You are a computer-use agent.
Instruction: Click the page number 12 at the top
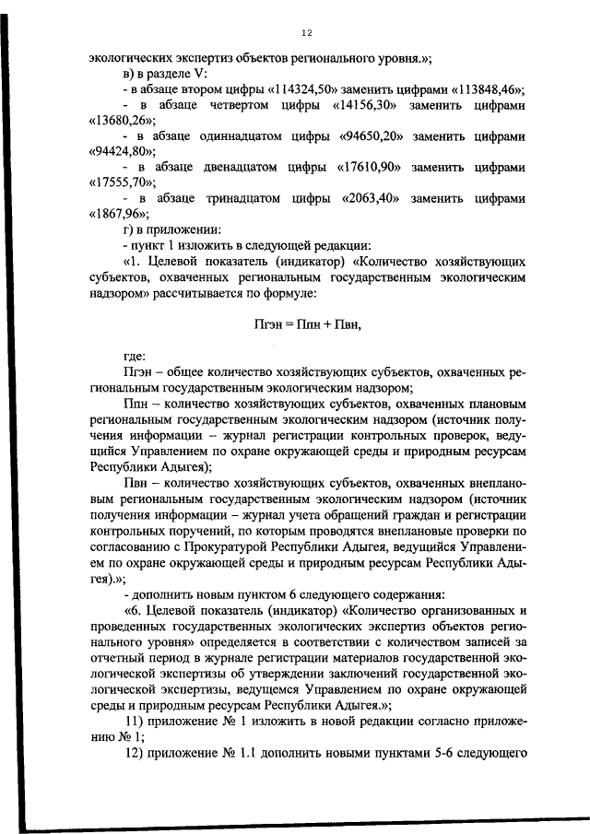pos(307,33)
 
